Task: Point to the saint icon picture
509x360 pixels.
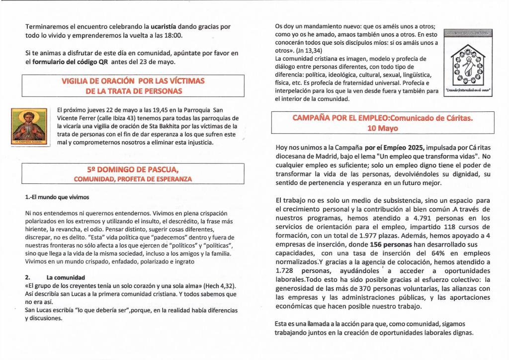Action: coord(28,127)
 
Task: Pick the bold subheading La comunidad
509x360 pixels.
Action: coord(65,277)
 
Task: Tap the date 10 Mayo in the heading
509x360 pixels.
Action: coord(382,128)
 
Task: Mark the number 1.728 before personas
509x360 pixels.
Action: coord(287,270)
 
